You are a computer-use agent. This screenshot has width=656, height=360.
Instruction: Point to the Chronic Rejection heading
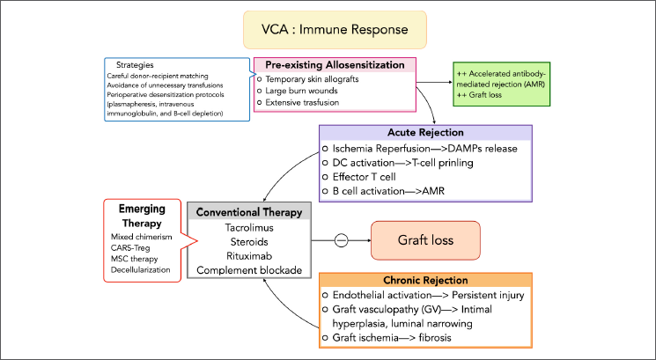[x=431, y=281]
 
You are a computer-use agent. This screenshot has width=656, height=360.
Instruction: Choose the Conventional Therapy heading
[x=249, y=211]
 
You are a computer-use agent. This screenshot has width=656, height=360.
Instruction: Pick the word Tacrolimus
[x=249, y=227]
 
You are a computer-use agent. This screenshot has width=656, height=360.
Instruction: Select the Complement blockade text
[x=249, y=270]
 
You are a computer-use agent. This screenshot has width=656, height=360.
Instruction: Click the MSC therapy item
[x=135, y=260]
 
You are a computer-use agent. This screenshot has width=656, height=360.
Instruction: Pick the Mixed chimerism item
[x=142, y=237]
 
